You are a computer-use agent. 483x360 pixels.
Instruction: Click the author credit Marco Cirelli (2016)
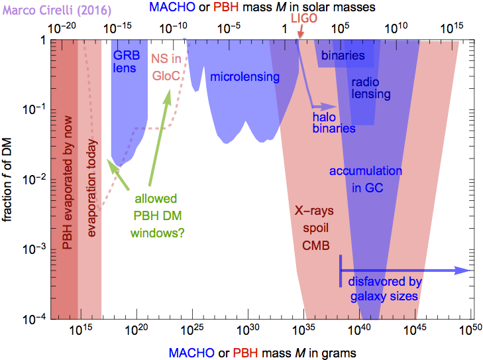coord(42,9)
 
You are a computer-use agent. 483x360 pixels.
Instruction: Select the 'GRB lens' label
coord(126,61)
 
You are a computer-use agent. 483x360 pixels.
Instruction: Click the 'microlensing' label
coord(244,77)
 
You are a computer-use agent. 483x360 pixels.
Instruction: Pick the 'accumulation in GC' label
coord(366,180)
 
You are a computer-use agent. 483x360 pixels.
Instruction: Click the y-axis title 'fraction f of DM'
coord(9,178)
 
